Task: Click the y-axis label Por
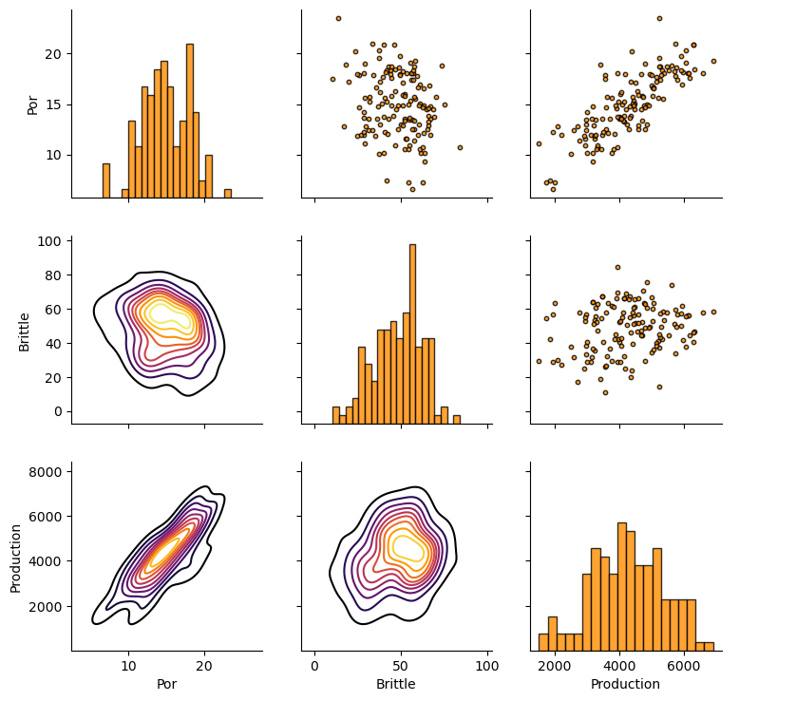pos(33,104)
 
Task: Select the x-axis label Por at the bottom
pos(166,684)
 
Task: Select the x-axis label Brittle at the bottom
pos(395,684)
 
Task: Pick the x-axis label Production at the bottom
pos(625,684)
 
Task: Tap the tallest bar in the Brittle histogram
pos(412,332)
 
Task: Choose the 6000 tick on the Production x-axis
pos(684,666)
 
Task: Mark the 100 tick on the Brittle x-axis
pos(487,666)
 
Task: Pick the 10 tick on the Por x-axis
pos(129,666)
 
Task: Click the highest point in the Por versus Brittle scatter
pos(338,18)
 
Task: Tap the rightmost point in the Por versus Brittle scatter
pos(460,147)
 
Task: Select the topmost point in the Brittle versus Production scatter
pos(617,267)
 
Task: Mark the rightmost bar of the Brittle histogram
pos(456,419)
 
